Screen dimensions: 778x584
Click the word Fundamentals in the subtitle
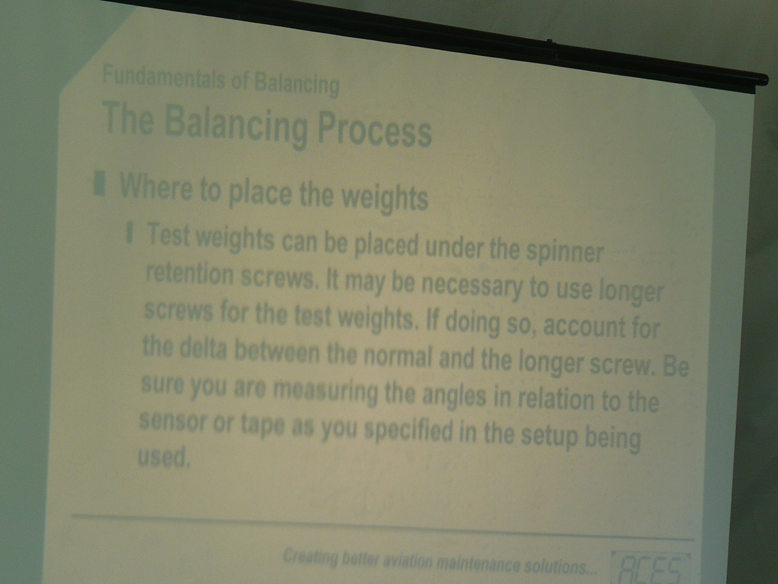click(x=164, y=78)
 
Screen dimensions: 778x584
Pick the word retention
click(x=190, y=274)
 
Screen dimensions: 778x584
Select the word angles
click(x=454, y=395)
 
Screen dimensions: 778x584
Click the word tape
click(x=263, y=425)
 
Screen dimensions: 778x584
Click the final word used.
click(x=163, y=456)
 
